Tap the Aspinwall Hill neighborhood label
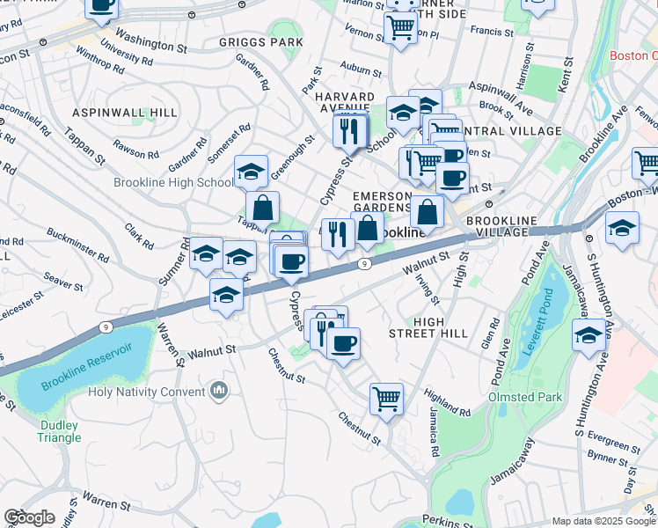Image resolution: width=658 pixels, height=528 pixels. pos(125,113)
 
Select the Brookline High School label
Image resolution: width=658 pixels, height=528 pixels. pos(172,182)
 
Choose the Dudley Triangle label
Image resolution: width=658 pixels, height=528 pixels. pos(60,431)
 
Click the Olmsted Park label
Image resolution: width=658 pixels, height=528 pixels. pos(525,397)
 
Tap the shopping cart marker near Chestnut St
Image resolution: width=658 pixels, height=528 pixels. pos(386,399)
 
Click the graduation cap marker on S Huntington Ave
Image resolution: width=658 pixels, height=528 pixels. pos(589,335)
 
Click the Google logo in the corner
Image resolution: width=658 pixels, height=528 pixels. pos(29,517)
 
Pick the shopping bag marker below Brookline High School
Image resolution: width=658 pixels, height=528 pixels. pos(262,208)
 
